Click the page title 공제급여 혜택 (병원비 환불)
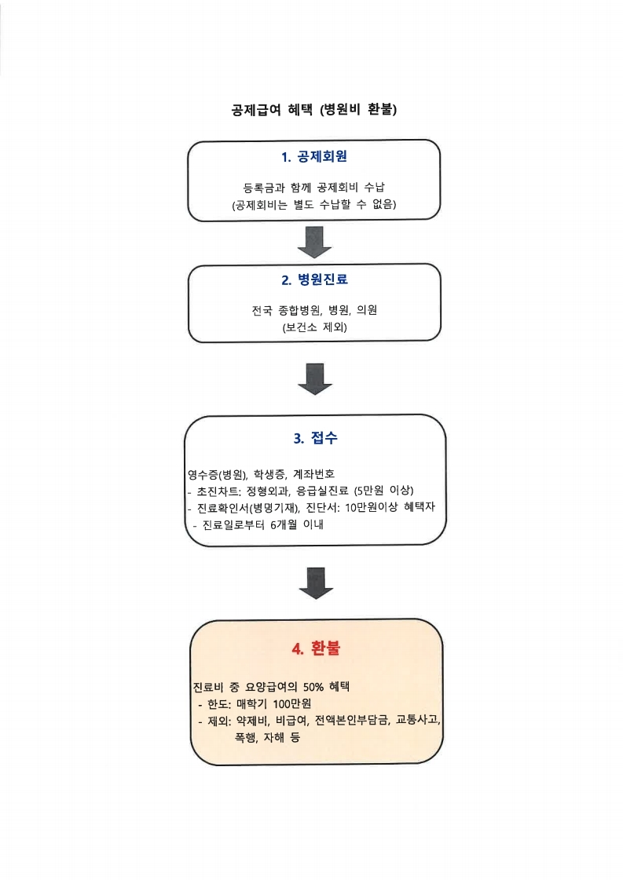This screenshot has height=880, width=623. point(314,109)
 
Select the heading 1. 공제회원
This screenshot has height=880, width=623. point(314,156)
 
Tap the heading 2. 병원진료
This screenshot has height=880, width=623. point(314,279)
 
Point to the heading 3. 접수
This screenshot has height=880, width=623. point(315,438)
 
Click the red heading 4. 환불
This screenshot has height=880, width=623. point(316,648)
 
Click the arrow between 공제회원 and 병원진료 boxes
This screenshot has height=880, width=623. point(314,242)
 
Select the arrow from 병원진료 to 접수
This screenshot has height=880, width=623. point(314,379)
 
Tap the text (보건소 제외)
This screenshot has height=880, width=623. point(314,327)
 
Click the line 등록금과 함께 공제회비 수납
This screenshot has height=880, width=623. point(314,188)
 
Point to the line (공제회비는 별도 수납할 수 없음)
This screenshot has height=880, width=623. point(314,204)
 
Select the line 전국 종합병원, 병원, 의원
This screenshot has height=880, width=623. point(314,310)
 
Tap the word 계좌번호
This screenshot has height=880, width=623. point(314,474)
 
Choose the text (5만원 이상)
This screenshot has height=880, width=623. point(383,491)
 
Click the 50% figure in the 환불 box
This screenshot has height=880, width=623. point(313,686)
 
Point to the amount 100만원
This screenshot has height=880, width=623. point(292,703)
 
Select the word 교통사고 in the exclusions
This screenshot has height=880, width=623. point(417,720)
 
